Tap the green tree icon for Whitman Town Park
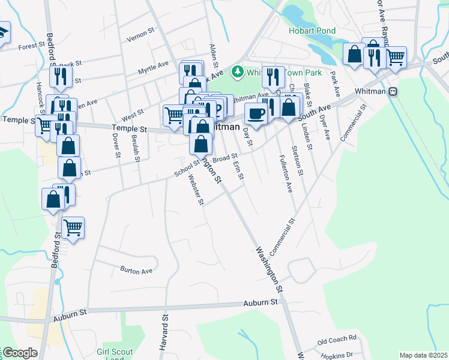(238, 73)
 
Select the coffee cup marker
(256, 113)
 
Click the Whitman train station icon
(394, 92)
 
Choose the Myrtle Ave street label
(154, 67)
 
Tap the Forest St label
(32, 46)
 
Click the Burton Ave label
(136, 271)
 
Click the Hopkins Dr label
(335, 355)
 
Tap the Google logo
(20, 353)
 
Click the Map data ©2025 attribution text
(423, 355)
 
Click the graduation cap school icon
(3, 31)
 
